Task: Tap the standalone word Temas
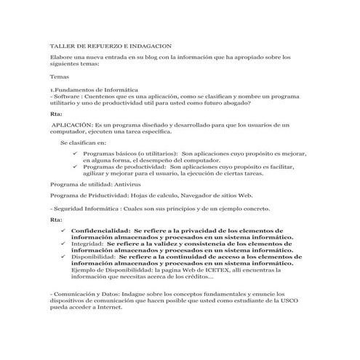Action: (59, 76)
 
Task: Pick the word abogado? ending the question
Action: (234, 103)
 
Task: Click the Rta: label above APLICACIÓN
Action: (56, 114)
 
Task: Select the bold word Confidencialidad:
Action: (100, 231)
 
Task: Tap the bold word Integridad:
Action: (88, 243)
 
